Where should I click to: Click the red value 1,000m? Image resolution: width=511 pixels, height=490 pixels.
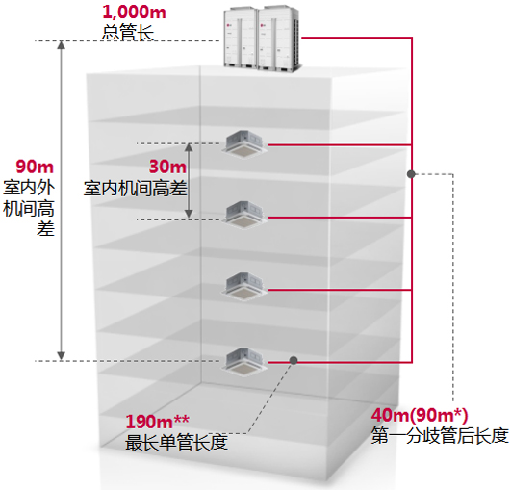135,12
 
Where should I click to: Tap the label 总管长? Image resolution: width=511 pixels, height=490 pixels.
128,33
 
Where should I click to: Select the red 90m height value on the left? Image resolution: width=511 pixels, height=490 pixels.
35,167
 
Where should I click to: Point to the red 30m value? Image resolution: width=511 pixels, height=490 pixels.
167,167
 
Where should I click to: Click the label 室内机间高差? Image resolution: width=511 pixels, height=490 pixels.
136,189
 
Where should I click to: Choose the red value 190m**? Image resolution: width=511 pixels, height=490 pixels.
157,422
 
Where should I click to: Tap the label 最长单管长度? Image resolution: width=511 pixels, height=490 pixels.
176,443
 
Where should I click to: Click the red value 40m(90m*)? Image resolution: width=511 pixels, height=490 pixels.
420,415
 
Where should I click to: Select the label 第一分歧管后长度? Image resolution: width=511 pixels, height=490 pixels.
440,435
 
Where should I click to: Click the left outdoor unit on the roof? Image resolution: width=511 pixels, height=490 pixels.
242,39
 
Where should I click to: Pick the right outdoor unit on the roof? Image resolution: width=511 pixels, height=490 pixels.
279,39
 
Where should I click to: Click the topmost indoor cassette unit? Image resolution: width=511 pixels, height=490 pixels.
244,144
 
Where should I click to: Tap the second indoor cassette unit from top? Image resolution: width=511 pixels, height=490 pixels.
244,216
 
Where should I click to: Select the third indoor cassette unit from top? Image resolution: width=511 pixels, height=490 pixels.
244,287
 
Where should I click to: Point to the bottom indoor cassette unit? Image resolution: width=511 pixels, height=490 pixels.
244,361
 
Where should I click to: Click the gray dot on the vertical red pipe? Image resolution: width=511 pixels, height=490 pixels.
411,174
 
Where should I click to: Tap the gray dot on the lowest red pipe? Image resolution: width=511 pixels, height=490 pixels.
294,360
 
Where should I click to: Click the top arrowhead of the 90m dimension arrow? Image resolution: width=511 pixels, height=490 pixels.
61,44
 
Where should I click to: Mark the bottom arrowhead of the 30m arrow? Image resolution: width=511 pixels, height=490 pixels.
189,214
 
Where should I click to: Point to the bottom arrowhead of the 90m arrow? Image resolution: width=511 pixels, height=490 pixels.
61,356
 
